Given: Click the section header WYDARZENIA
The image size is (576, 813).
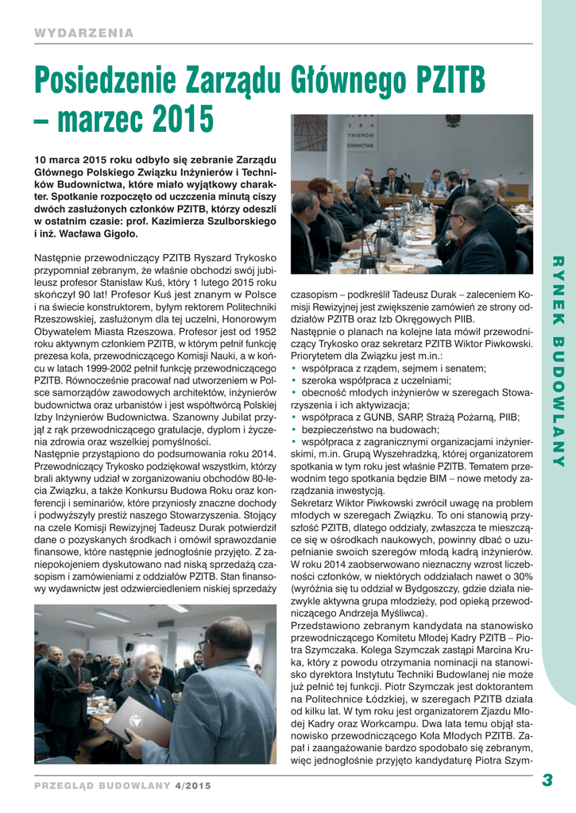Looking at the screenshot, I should pyautogui.click(x=83, y=33).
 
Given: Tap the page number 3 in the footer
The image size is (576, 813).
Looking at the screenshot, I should pyautogui.click(x=547, y=780).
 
